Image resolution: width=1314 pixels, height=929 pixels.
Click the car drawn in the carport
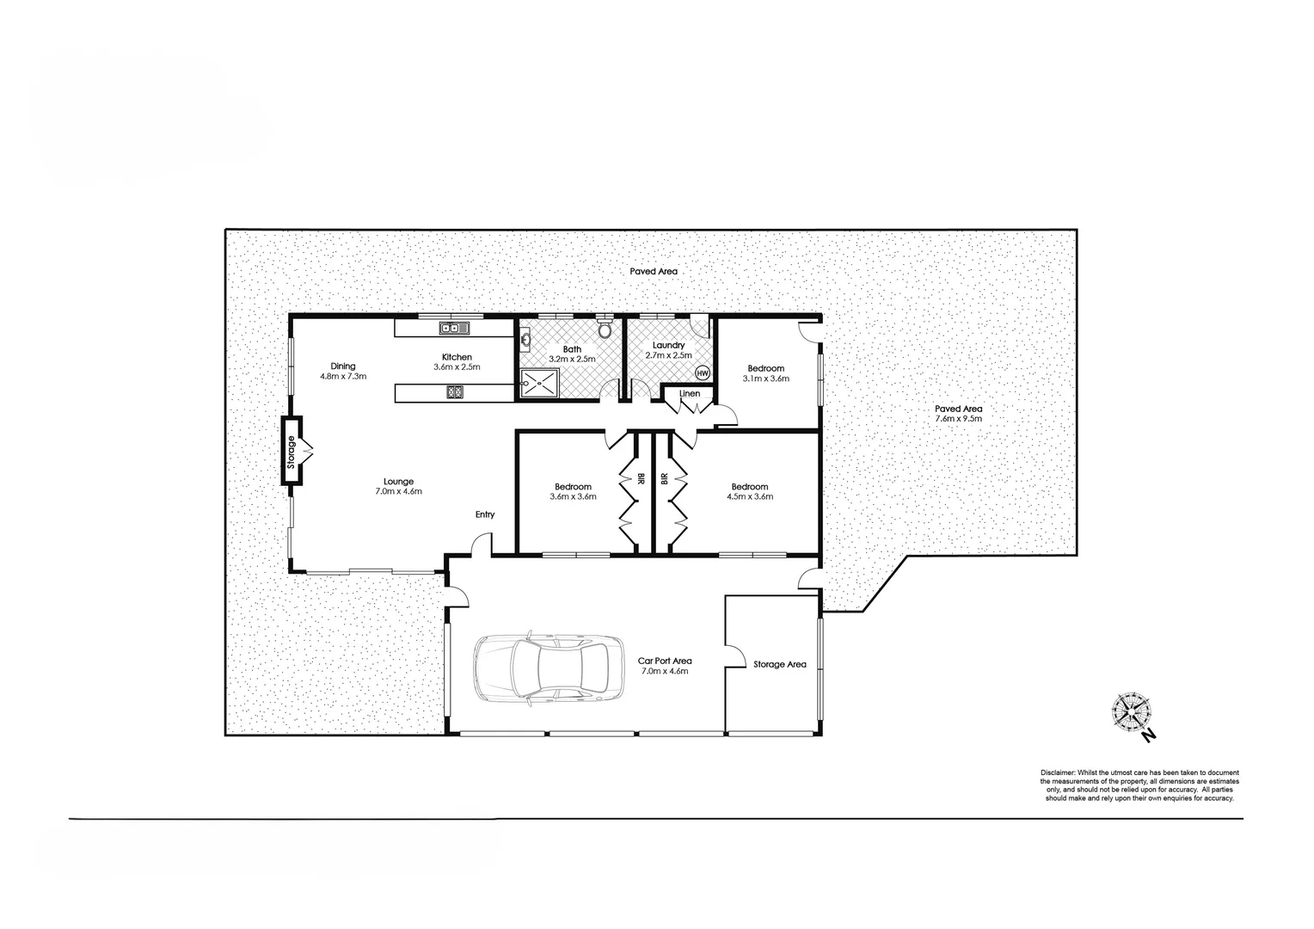548,670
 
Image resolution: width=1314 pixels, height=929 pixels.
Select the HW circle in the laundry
702,372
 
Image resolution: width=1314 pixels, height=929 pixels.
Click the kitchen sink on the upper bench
451,328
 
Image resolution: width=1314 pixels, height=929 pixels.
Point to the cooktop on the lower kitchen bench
453,393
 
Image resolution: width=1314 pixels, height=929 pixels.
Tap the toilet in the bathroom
604,329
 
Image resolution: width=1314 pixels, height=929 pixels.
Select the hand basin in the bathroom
525,341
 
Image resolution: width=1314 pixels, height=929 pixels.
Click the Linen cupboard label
690,394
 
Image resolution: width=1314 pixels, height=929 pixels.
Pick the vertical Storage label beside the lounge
292,452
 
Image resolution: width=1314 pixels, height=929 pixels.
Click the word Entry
485,514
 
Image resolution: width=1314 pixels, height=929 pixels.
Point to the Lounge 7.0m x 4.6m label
398,486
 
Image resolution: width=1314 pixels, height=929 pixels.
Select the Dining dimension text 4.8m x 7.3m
343,376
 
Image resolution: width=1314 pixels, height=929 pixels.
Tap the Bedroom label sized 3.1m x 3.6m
764,373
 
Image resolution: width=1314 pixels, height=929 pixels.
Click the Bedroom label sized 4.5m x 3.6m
749,491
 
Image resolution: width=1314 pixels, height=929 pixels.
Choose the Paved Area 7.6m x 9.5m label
958,414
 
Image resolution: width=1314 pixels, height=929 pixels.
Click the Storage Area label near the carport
779,664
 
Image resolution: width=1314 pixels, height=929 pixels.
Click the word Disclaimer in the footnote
1057,773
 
